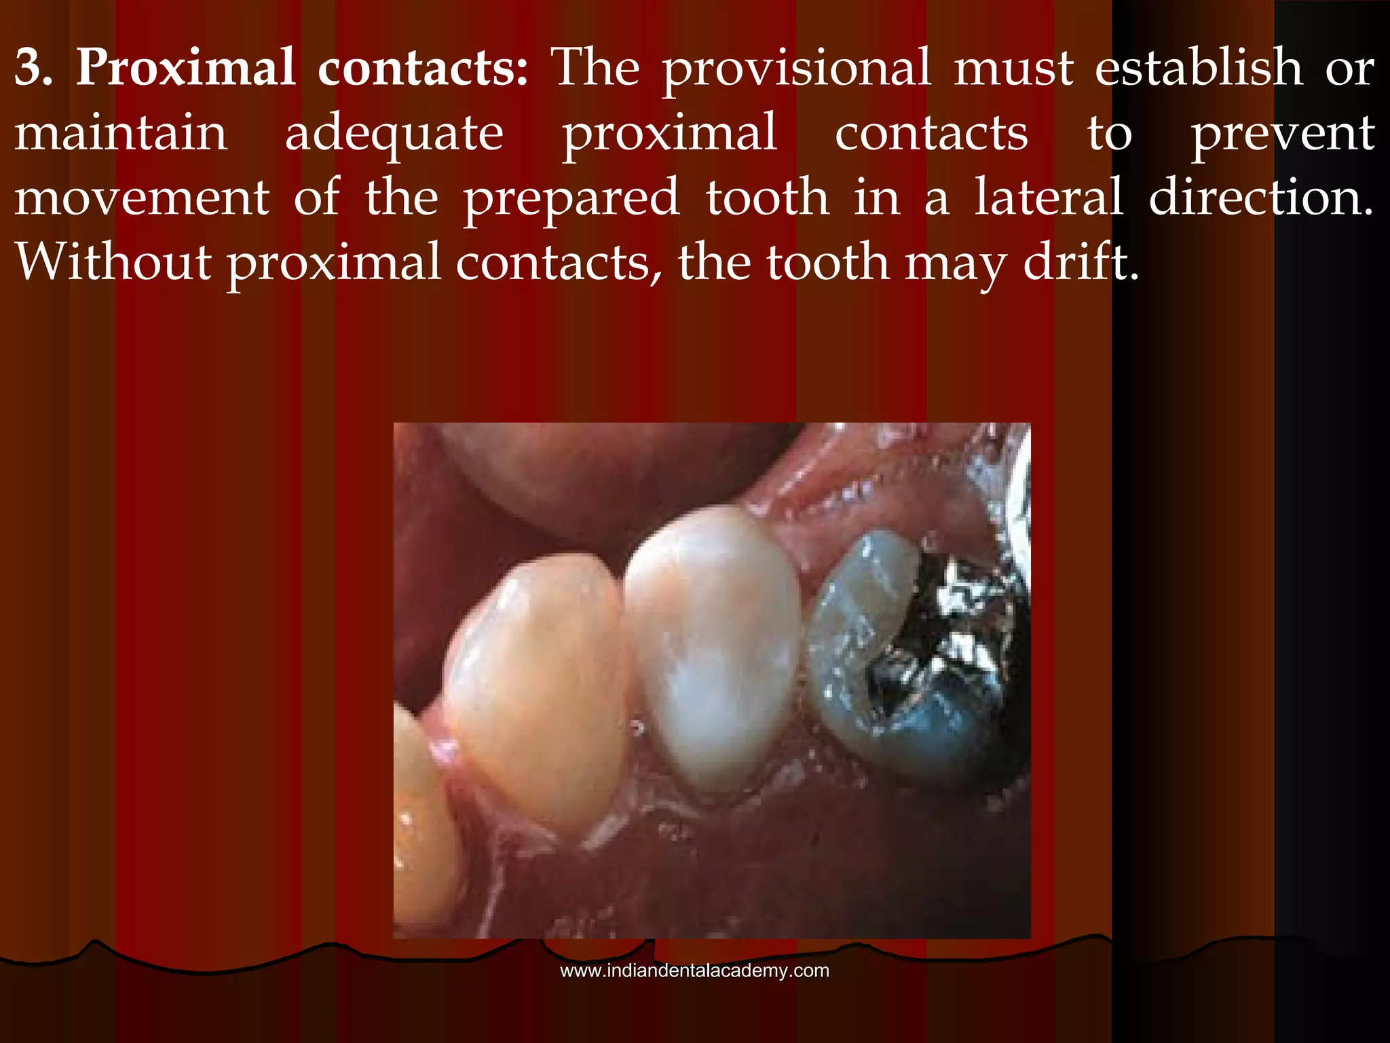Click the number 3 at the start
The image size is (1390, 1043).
click(x=33, y=69)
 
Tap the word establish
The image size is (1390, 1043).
click(x=1199, y=69)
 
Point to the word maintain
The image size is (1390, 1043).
click(x=121, y=133)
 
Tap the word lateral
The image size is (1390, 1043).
click(x=1049, y=197)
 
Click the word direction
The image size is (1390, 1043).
click(x=1261, y=197)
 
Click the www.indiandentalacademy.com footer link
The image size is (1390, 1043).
click(x=694, y=971)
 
